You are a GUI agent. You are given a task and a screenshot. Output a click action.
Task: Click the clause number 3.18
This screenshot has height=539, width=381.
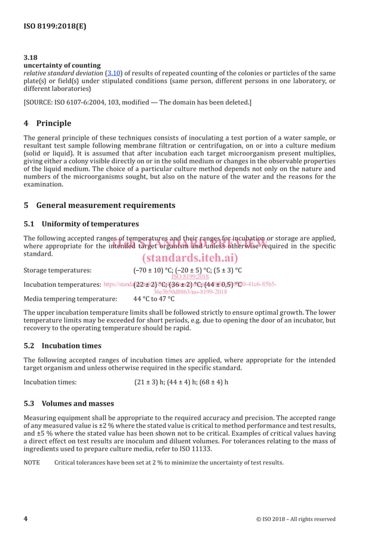tap(30, 57)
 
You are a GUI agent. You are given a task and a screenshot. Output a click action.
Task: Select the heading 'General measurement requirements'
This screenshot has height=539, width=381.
tap(106, 205)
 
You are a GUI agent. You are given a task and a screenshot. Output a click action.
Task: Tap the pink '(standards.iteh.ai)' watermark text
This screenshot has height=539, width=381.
tap(190, 258)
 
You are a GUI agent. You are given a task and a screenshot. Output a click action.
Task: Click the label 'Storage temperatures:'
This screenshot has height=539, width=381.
tap(57, 270)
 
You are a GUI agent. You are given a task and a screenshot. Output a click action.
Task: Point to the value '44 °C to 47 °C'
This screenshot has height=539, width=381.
tap(154, 299)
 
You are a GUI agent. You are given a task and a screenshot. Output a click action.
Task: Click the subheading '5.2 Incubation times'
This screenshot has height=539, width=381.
tap(62, 345)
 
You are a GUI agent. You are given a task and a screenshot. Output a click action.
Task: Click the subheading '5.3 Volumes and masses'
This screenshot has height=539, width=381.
tap(69, 403)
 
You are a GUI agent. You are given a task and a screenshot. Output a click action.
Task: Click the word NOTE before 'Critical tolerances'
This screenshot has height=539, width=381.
tap(32, 463)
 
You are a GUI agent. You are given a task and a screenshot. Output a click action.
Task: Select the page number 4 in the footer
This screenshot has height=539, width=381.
tap(26, 519)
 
